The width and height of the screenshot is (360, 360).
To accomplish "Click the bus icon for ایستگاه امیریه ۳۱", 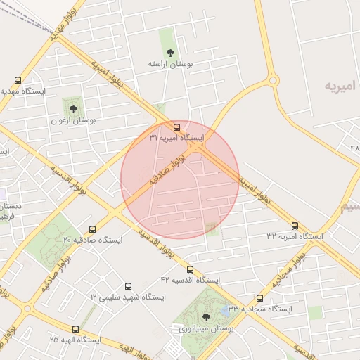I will (176, 128).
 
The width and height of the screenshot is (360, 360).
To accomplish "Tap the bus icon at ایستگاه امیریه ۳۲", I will (295, 226).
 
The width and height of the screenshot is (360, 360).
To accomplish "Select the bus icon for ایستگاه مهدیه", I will (18, 81).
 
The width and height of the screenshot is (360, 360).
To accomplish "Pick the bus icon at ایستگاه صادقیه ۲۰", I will (92, 229).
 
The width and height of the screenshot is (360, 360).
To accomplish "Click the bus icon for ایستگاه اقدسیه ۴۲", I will (190, 269).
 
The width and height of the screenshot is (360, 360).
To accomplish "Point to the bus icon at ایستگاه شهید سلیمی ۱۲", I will (128, 286).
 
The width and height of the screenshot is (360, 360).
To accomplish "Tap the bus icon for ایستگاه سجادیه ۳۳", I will (259, 298).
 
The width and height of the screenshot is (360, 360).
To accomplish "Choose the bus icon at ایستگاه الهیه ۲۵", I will (75, 328).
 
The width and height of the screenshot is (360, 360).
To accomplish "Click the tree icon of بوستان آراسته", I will (169, 52).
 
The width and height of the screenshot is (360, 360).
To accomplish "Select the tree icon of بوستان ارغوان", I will (73, 109).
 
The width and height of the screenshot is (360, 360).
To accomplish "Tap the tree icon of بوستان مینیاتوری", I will (205, 317).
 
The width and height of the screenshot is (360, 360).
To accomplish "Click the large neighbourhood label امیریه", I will (342, 85).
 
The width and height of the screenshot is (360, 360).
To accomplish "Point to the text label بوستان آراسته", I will (169, 64).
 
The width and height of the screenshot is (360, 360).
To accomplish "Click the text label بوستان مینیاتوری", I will (205, 328).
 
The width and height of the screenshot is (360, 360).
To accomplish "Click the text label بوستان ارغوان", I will (72, 120).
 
